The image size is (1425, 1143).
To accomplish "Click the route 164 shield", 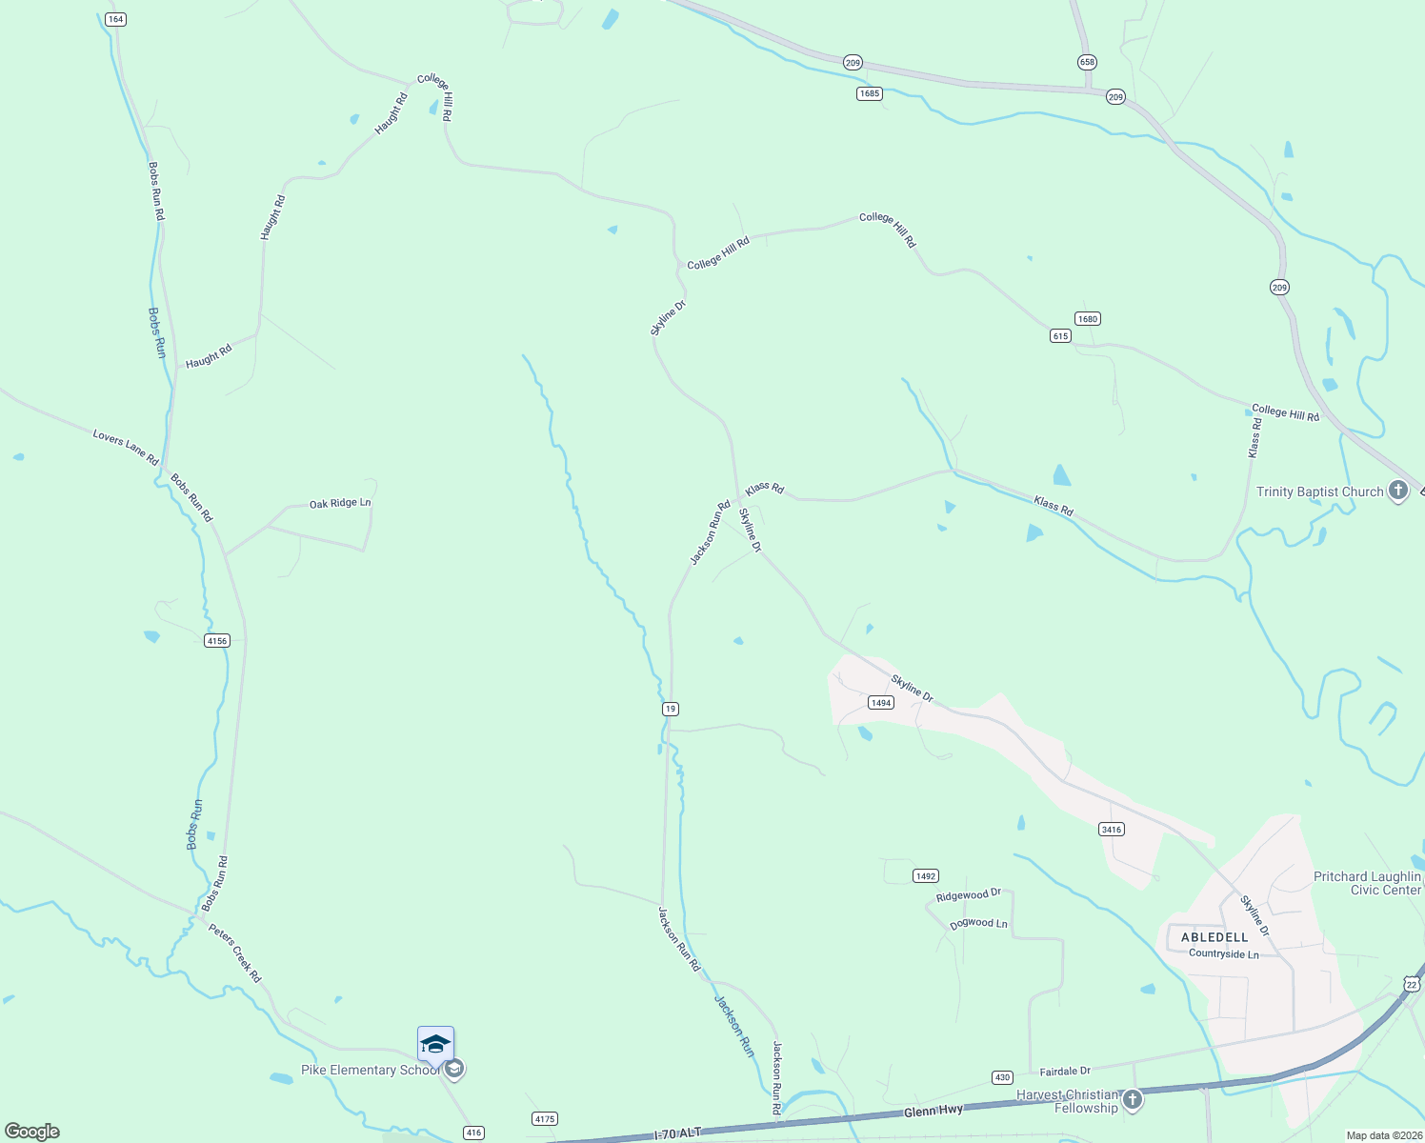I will tap(116, 19).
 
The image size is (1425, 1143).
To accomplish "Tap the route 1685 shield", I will tap(869, 93).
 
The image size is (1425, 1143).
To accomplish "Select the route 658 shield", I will tap(1087, 62).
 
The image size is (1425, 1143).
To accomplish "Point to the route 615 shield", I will tap(1061, 335).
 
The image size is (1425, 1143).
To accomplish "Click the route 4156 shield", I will tap(217, 640).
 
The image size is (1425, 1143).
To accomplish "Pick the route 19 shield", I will tap(671, 709).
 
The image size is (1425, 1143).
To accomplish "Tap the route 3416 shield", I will tap(1112, 829).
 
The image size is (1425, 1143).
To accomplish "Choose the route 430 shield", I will tap(1002, 1077).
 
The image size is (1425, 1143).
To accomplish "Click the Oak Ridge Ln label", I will tap(340, 503).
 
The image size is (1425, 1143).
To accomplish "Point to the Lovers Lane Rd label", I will tap(126, 448).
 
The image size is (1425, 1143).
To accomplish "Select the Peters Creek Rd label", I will tap(234, 952).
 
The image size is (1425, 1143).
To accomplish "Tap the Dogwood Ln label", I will tap(978, 924).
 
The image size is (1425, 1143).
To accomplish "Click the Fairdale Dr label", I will tap(1065, 1072).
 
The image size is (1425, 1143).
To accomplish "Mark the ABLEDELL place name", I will tap(1214, 937).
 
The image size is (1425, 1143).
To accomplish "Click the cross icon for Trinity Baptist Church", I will tap(1397, 491).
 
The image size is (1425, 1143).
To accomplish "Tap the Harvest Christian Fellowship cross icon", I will tap(1133, 1100).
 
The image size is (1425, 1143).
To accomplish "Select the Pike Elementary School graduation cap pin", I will tap(435, 1044).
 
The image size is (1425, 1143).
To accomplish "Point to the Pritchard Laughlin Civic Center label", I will tap(1367, 883).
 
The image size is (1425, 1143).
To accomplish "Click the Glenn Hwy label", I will tap(933, 1112).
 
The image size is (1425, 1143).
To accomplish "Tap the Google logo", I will tap(32, 1132).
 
